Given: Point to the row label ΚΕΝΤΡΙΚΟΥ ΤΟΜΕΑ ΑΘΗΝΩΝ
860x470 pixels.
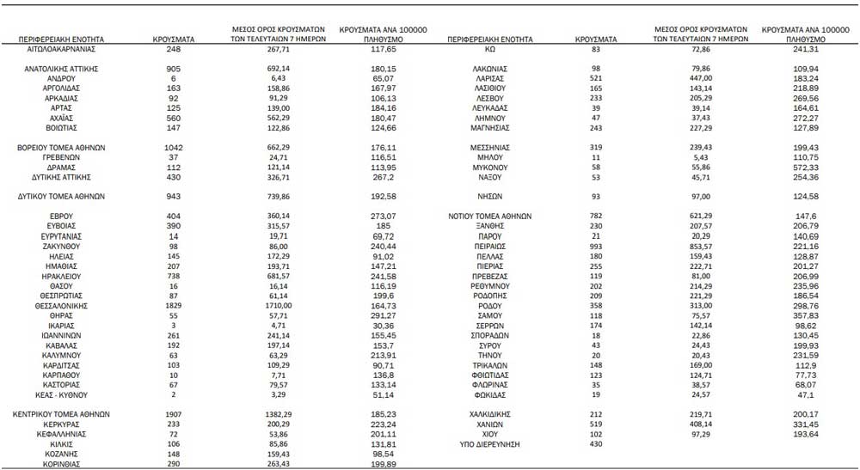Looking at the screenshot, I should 61,413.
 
